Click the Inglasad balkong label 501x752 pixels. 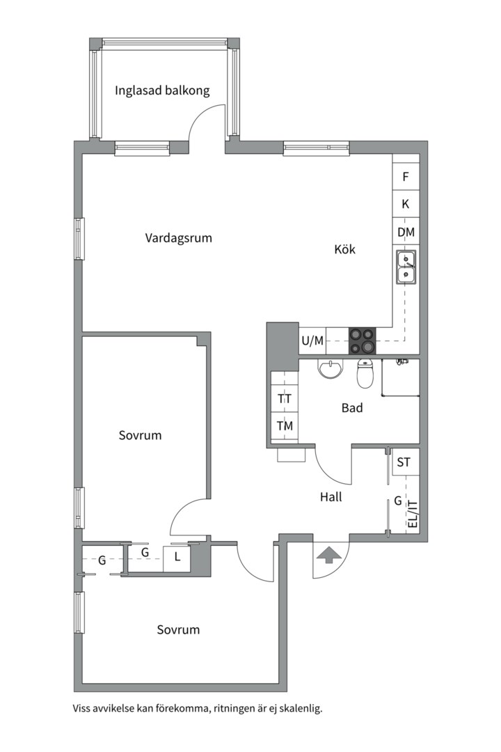tap(162, 91)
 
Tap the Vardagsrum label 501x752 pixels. tap(178, 238)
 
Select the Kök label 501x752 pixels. tap(344, 249)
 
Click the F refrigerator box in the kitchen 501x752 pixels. tap(406, 177)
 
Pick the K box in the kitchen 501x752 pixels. tap(406, 204)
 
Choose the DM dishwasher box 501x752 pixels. tap(406, 232)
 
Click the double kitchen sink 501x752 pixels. tap(406, 267)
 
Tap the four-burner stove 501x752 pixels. tap(362, 340)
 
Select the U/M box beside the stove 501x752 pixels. tap(312, 340)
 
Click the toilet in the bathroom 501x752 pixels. tap(365, 374)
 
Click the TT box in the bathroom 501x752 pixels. tap(285, 399)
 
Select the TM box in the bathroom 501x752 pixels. tap(285, 426)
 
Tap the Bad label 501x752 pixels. tap(352, 408)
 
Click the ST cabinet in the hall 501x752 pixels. tap(404, 462)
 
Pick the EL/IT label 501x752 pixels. tap(412, 514)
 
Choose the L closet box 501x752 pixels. tap(177, 557)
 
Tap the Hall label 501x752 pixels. tap(331, 497)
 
